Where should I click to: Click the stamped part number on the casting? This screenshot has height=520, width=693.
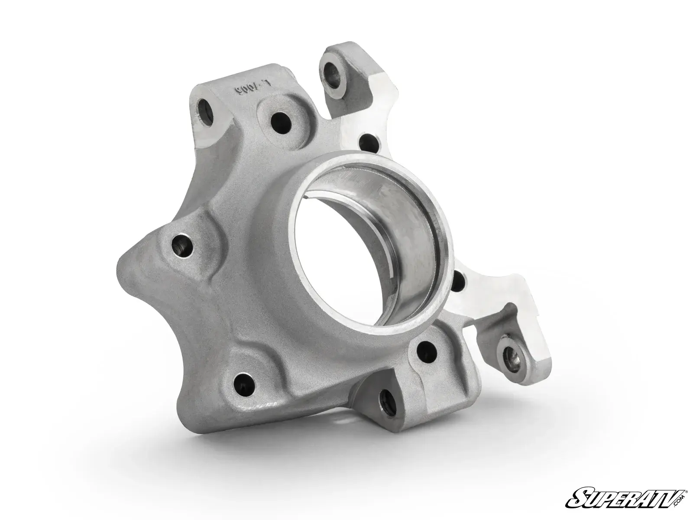[x=250, y=90]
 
